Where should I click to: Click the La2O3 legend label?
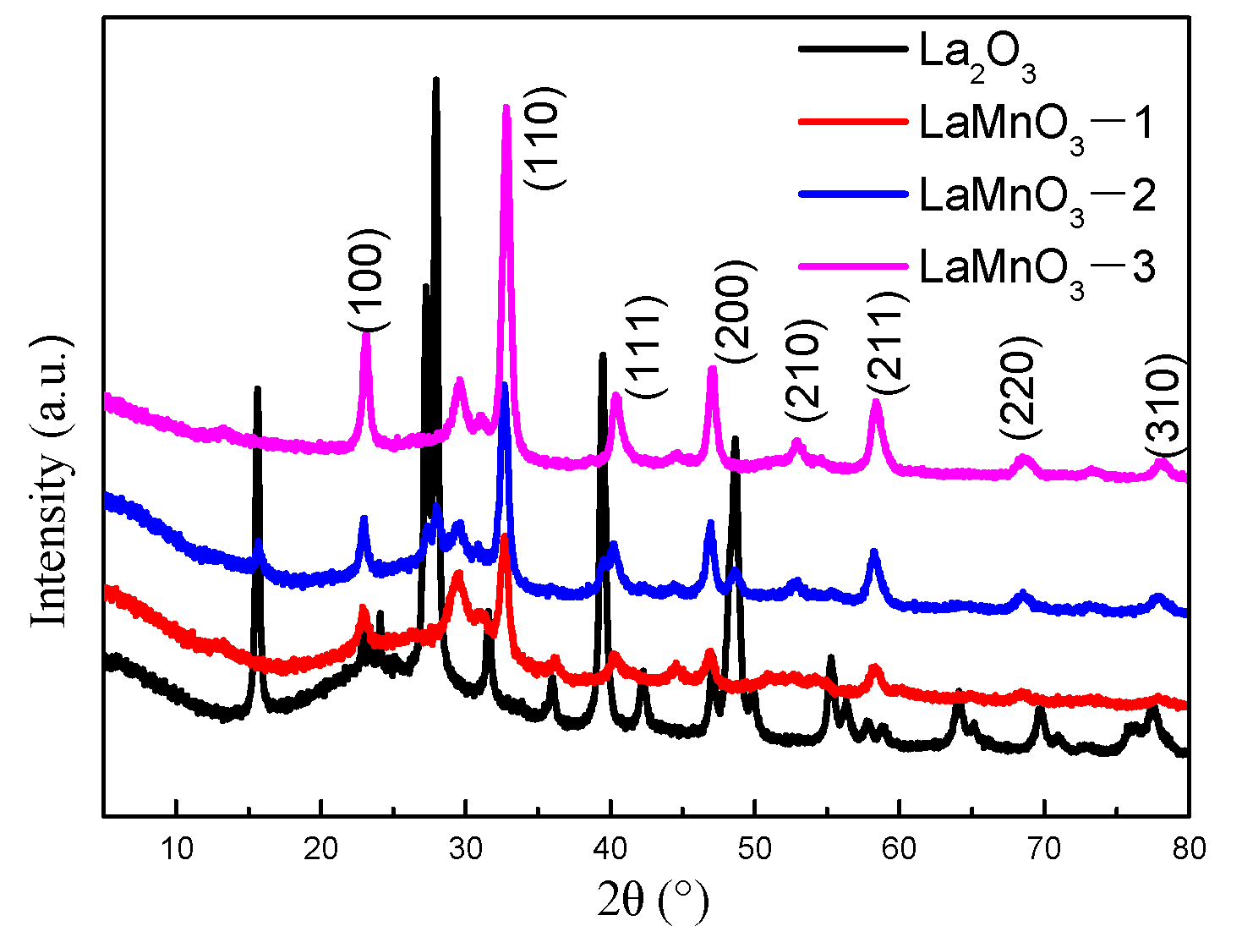pyautogui.click(x=977, y=56)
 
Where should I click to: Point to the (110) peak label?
pyautogui.click(x=542, y=139)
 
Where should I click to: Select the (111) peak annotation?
pyautogui.click(x=645, y=347)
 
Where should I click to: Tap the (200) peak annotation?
pyautogui.click(x=732, y=312)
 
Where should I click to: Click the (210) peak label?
pyautogui.click(x=802, y=370)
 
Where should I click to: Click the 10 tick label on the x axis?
pyautogui.click(x=176, y=848)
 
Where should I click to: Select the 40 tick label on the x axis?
pyautogui.click(x=610, y=848)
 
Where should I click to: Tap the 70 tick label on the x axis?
pyautogui.click(x=1044, y=848)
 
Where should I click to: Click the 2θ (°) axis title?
pyautogui.click(x=652, y=900)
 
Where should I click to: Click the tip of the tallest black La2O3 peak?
pyautogui.click(x=435, y=80)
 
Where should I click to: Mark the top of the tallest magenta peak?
pyautogui.click(x=506, y=108)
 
